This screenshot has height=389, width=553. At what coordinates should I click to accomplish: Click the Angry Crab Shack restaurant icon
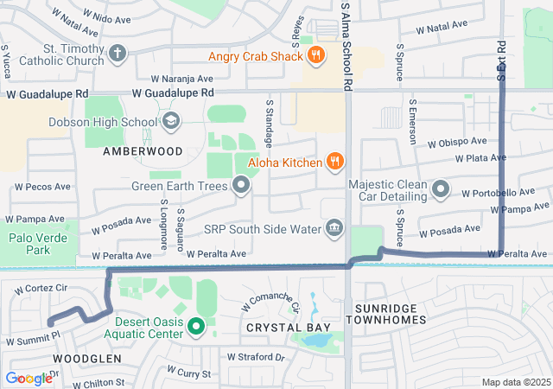[316, 57]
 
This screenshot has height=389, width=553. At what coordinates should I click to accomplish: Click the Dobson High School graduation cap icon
[170, 121]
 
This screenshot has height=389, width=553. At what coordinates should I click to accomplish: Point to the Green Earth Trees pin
[241, 185]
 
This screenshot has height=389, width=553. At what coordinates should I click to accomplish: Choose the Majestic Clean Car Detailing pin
[442, 188]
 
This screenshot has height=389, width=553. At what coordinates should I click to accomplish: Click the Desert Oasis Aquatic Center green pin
[195, 327]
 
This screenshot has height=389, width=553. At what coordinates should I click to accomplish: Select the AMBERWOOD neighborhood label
[143, 150]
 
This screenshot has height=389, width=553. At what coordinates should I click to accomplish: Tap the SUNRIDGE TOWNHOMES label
[386, 314]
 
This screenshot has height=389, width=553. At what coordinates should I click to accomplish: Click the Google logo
[29, 378]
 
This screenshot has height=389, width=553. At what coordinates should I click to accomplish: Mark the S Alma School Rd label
[346, 48]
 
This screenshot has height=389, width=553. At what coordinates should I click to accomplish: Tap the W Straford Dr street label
[255, 356]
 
